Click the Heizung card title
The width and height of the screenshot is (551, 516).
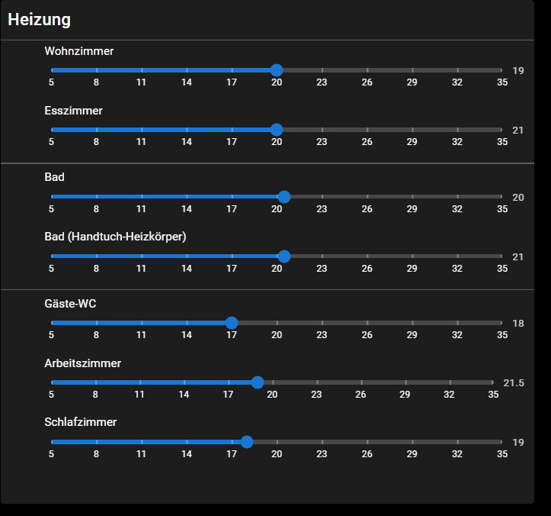[39, 21]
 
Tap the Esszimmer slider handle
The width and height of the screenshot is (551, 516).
[277, 130]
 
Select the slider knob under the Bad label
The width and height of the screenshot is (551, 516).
[284, 197]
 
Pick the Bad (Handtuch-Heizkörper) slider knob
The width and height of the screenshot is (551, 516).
[284, 256]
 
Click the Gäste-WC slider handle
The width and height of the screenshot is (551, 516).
[232, 323]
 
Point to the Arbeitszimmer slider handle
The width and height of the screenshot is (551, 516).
[258, 382]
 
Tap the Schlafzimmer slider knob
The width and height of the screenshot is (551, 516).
[247, 442]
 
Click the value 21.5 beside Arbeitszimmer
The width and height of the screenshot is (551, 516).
[514, 383]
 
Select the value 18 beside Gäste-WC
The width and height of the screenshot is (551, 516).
[518, 324]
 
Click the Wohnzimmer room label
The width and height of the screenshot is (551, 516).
[79, 51]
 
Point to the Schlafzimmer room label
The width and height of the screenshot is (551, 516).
[80, 422]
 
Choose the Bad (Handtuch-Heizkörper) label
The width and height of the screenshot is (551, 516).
[115, 237]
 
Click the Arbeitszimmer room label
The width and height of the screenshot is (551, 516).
[82, 363]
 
